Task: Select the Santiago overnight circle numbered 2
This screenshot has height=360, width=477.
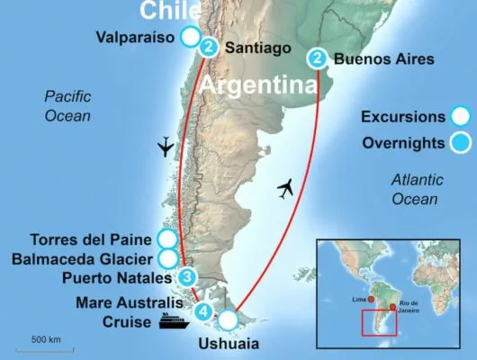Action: point(209,47)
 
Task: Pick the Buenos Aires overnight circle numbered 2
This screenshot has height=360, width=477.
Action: point(317,59)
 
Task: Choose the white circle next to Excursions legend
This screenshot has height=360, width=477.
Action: point(461,116)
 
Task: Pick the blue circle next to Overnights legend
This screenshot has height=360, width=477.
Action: point(461,141)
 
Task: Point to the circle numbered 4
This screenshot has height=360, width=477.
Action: point(205,313)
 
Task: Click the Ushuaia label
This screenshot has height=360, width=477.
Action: point(223,343)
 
